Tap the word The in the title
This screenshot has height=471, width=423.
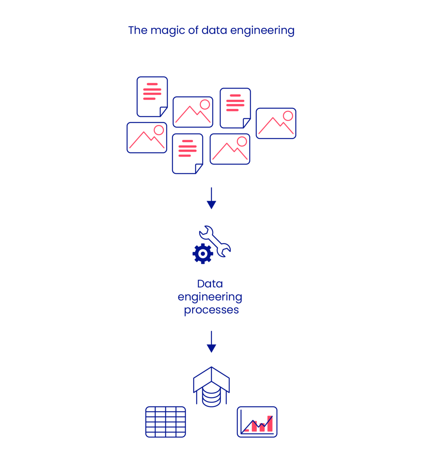(138, 30)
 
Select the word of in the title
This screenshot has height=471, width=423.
(193, 30)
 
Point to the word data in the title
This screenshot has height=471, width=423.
(214, 30)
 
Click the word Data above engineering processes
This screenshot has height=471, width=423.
(210, 284)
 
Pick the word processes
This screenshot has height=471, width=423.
(211, 310)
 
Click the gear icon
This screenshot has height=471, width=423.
(203, 254)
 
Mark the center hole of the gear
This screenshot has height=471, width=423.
(203, 254)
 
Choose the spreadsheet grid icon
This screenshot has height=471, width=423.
(166, 422)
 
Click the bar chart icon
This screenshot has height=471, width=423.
(257, 422)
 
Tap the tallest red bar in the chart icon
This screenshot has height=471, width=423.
(270, 424)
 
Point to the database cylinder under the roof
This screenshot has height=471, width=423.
(211, 396)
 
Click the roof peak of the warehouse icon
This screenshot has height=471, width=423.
(211, 368)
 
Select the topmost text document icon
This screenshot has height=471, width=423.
(152, 97)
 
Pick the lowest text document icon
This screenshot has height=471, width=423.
(187, 153)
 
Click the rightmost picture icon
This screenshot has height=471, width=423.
(276, 123)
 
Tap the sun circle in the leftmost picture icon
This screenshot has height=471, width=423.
(159, 130)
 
